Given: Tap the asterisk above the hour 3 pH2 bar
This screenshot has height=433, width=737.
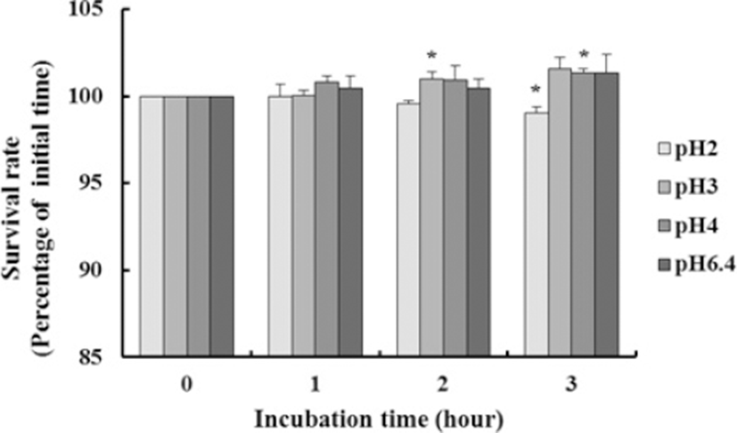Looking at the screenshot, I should (536, 90).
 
